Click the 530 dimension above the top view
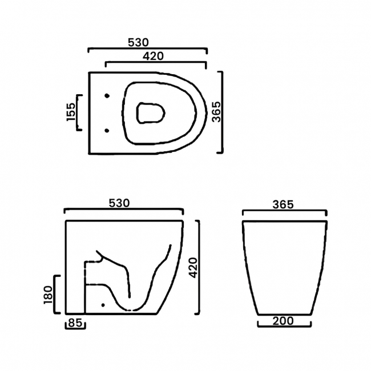click(139, 42)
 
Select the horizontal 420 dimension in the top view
click(154, 56)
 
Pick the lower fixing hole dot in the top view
click(107, 131)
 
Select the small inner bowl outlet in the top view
click(151, 112)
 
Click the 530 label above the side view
click(120, 203)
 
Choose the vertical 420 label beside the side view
click(193, 267)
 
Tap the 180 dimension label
click(48, 294)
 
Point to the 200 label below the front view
click(284, 321)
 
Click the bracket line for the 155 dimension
click(78, 112)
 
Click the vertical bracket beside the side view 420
click(200, 267)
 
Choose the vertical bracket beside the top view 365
click(223, 112)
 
